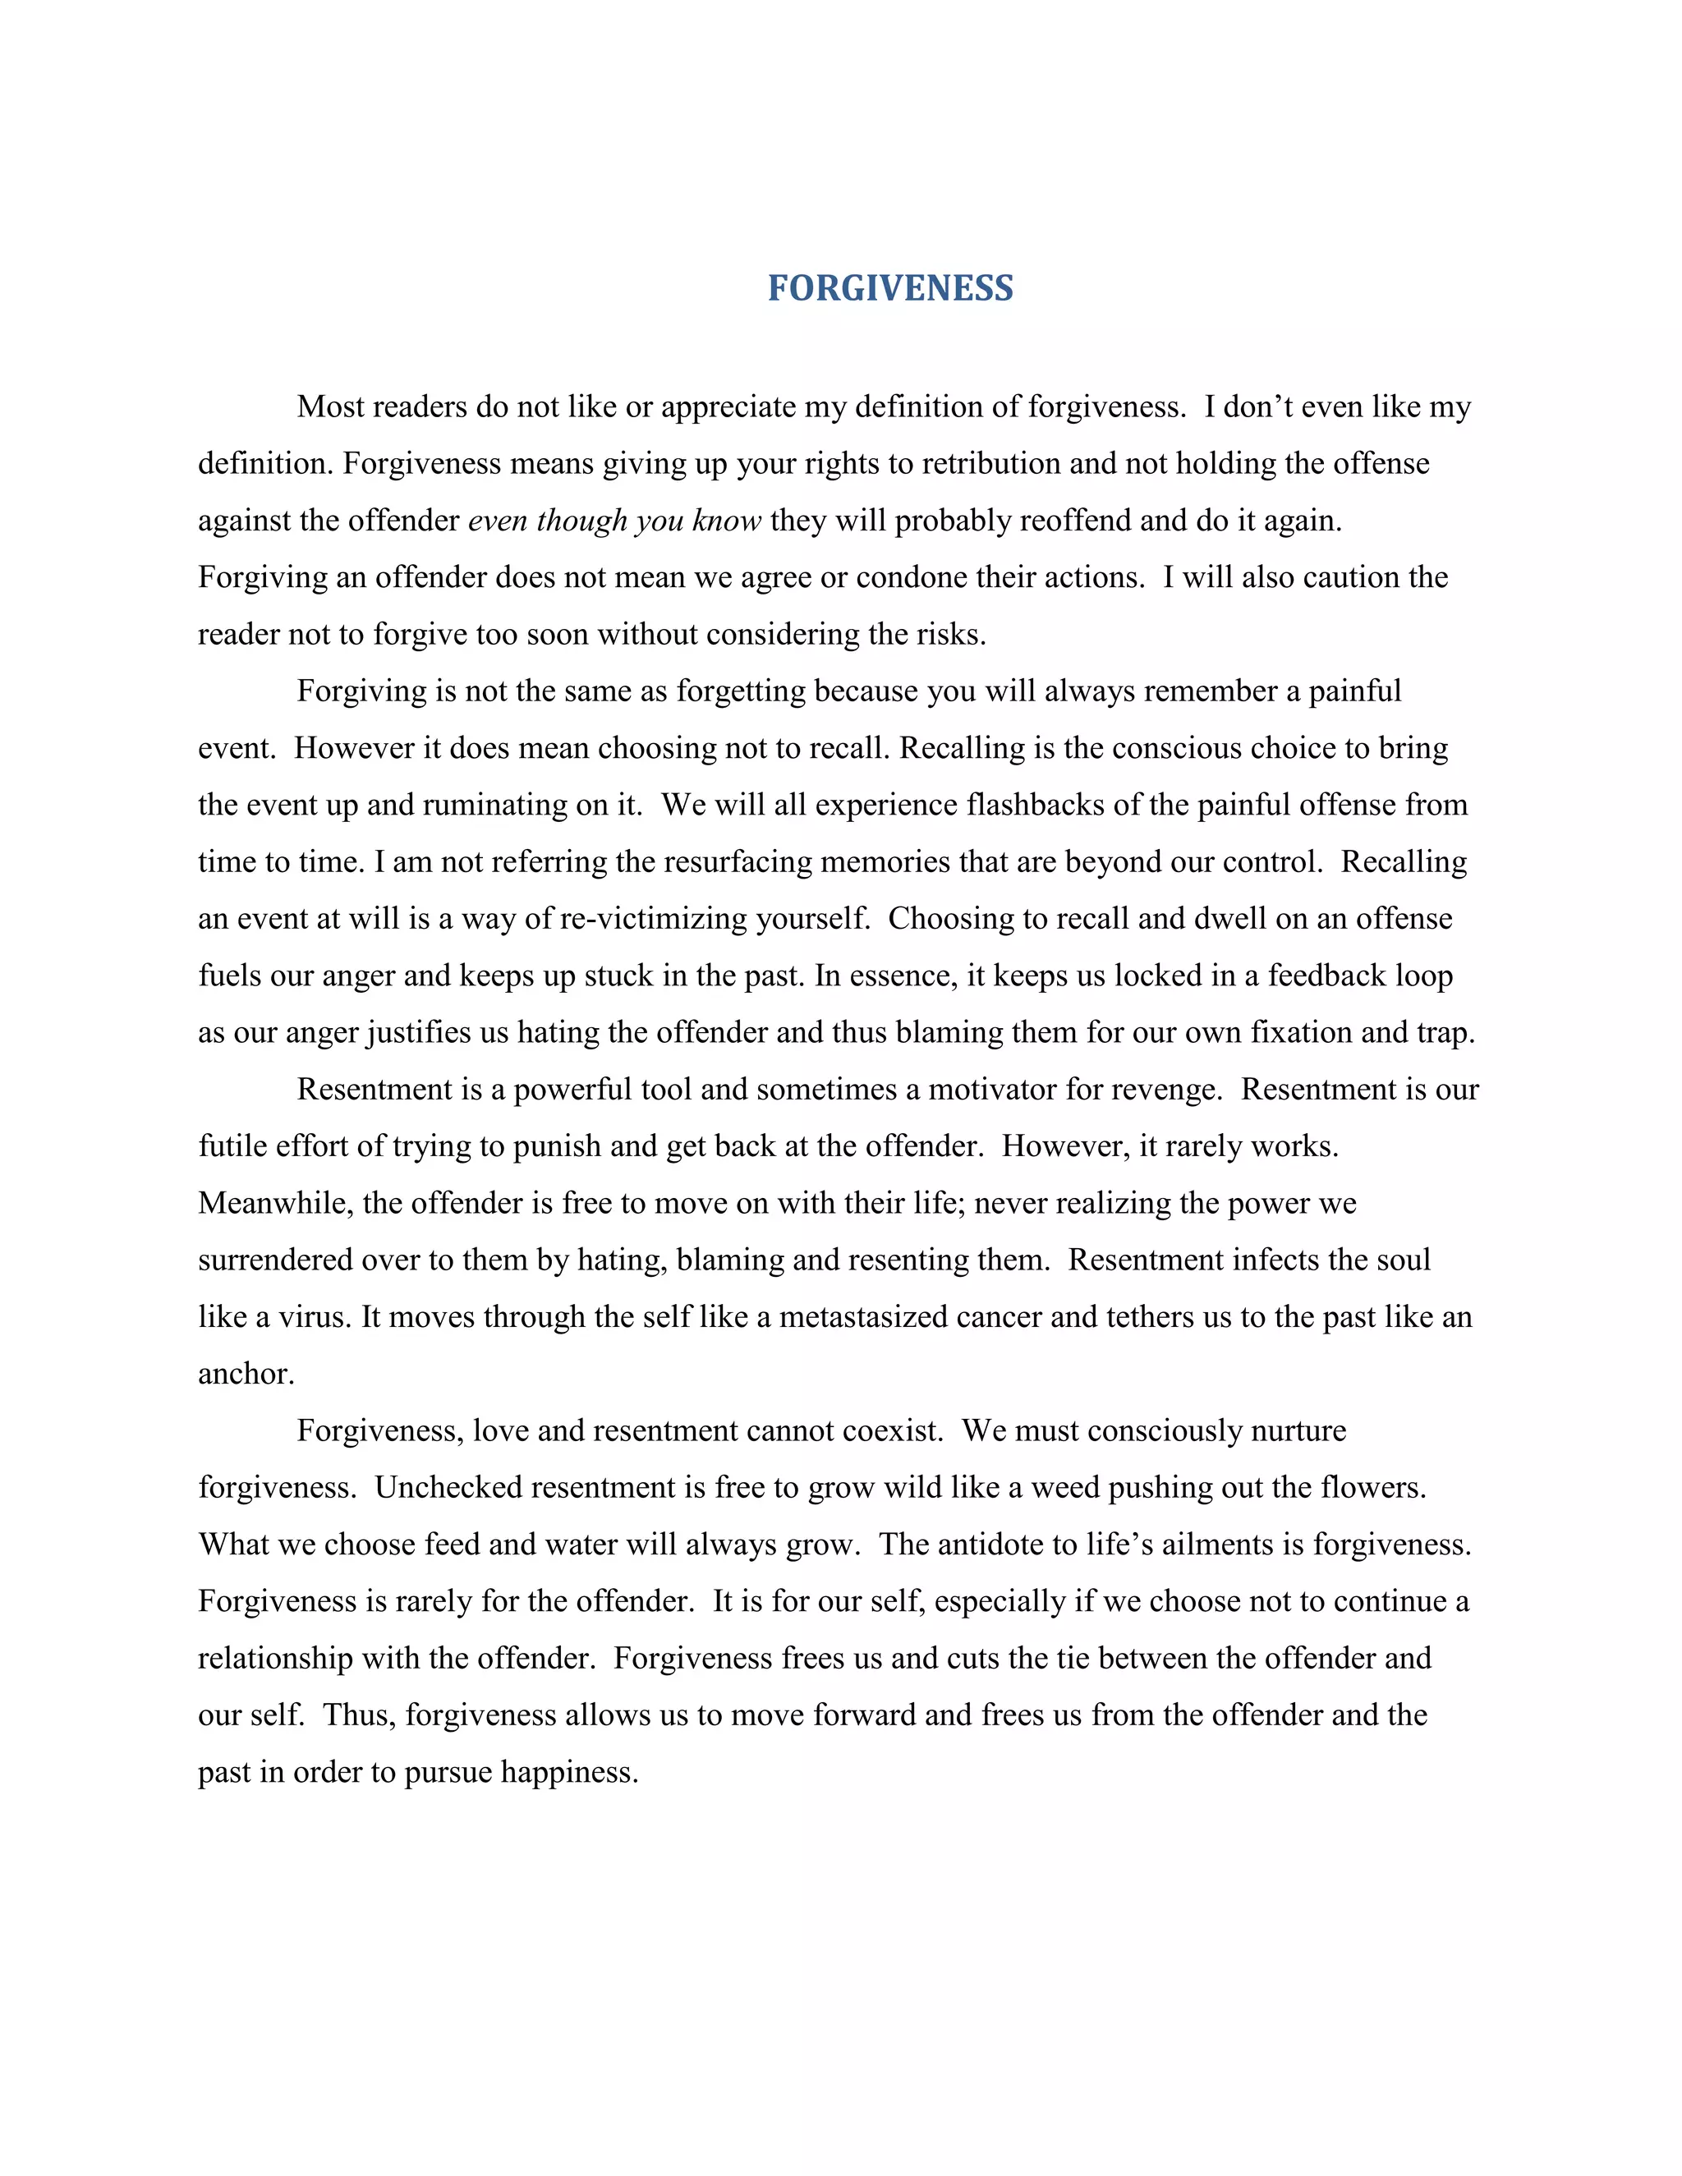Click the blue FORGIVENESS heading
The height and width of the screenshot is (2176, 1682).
(x=889, y=288)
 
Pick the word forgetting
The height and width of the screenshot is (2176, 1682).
(x=743, y=691)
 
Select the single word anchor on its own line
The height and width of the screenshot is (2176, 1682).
(x=245, y=1373)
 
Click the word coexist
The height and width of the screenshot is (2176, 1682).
(x=892, y=1430)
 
